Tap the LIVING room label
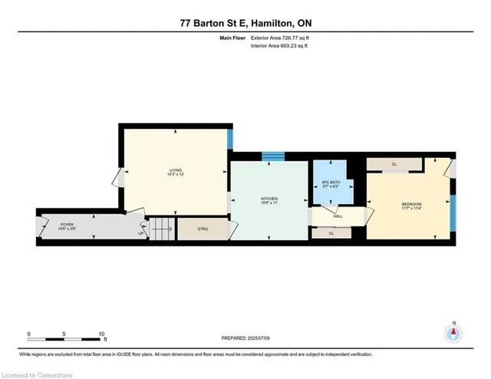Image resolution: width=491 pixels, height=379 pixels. tap(176, 172)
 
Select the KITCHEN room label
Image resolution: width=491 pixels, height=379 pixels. tap(269, 201)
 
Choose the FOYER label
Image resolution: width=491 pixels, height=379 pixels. tap(67, 226)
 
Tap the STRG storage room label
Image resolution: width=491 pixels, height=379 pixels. tap(203, 229)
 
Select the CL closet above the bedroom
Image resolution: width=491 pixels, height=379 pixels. tap(394, 165)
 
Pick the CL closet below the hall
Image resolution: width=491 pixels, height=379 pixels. tap(331, 233)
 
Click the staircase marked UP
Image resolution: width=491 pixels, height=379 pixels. tap(161, 228)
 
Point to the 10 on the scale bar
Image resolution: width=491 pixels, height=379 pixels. tap(101, 334)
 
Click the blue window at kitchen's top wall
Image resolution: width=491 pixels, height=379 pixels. tap(273, 157)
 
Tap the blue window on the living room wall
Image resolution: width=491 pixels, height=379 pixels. tap(229, 138)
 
